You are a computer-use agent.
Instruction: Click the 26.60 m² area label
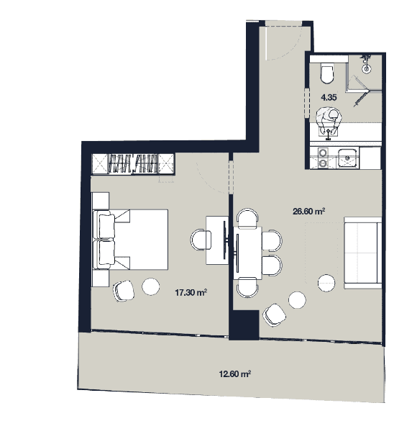(x=308, y=211)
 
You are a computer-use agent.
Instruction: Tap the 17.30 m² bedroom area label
(x=191, y=293)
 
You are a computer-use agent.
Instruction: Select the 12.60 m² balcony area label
(x=234, y=374)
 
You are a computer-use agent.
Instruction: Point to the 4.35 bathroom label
(x=329, y=97)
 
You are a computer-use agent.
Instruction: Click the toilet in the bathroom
(x=327, y=73)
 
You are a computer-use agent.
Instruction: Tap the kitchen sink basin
(x=347, y=158)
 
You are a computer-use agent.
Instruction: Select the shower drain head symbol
(x=366, y=68)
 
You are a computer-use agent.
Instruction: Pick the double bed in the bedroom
(x=131, y=240)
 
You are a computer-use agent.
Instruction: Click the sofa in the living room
(x=363, y=253)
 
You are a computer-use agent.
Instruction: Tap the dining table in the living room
(x=247, y=253)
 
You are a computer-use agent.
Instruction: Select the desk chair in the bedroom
(x=201, y=240)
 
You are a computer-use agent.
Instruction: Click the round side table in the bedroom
(x=151, y=286)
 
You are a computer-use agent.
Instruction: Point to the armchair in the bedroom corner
(x=124, y=291)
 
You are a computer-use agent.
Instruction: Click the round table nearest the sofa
(x=326, y=283)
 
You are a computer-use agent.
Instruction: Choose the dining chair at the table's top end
(x=247, y=217)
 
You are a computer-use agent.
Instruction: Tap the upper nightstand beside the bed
(x=101, y=201)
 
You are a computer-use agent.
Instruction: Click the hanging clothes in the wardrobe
(x=132, y=163)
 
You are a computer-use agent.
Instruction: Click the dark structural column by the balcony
(x=244, y=325)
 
